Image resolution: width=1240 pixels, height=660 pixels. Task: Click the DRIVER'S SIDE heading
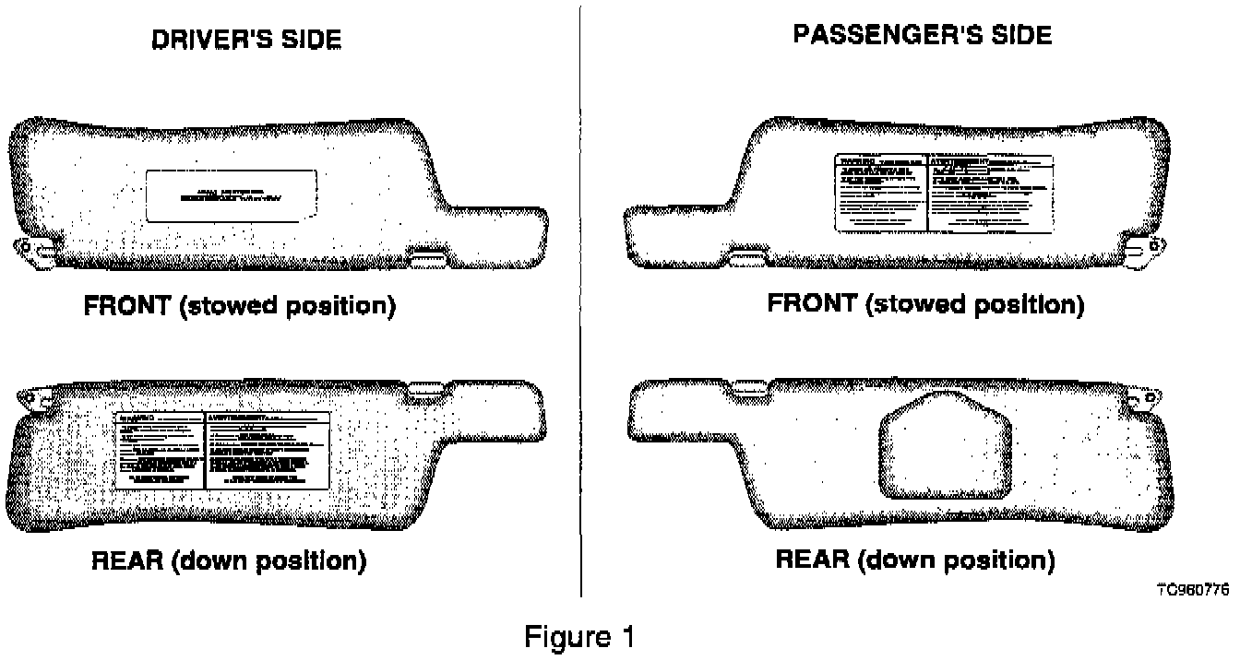pyautogui.click(x=245, y=40)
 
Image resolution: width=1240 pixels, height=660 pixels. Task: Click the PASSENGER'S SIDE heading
pyautogui.click(x=922, y=35)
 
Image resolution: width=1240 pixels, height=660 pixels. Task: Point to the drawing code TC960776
pyautogui.click(x=1192, y=591)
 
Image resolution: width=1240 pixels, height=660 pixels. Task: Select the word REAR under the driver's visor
pyautogui.click(x=126, y=560)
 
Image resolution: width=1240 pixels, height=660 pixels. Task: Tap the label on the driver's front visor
pyautogui.click(x=232, y=195)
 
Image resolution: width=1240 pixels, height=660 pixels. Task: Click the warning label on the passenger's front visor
pyautogui.click(x=944, y=193)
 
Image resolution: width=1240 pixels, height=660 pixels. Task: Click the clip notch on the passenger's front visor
pyautogui.click(x=747, y=251)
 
